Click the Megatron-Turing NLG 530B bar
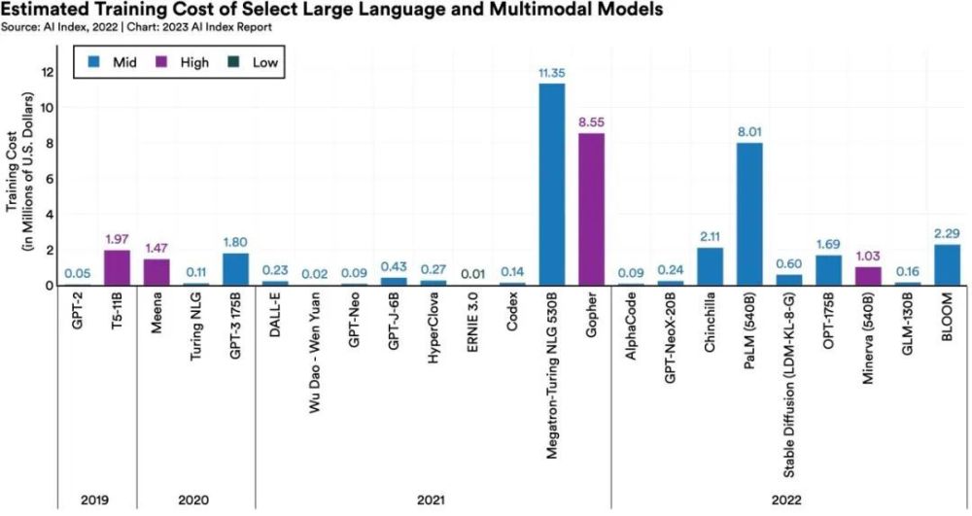point(552,185)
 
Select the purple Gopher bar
point(592,209)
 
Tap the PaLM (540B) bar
point(749,214)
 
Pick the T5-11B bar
point(116,267)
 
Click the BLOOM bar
point(947,264)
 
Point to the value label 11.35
point(552,72)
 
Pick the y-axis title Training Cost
point(14,186)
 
